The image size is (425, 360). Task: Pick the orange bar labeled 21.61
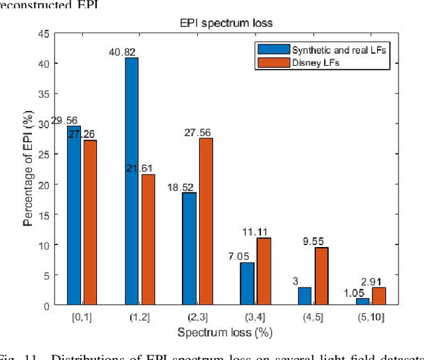(x=148, y=240)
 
